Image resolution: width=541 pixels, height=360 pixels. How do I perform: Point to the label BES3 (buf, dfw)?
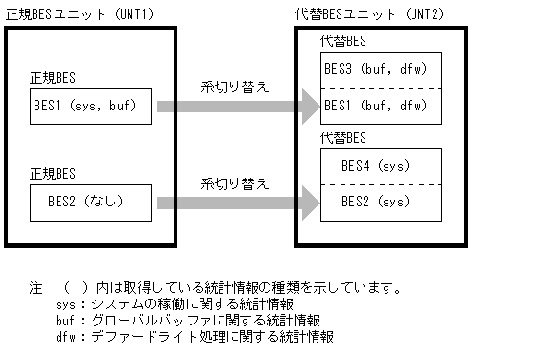[382, 70]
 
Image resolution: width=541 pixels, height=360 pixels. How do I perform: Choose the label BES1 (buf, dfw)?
[382, 105]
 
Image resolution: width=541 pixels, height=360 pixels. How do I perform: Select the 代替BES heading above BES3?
[343, 42]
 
